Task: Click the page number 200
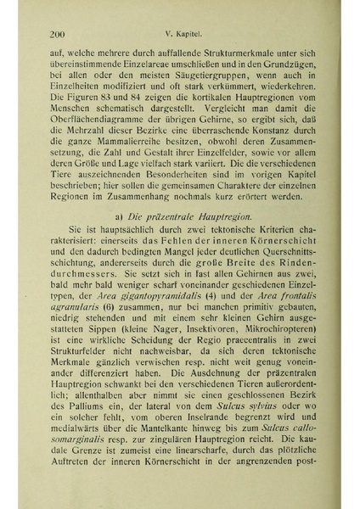[x=59, y=35]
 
